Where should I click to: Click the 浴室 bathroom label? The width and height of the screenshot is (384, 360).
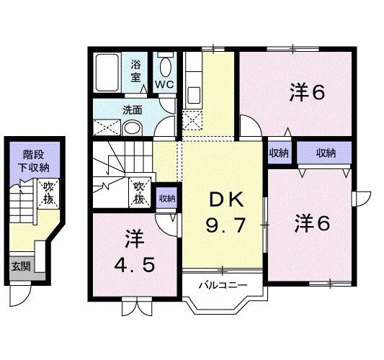pos(137,70)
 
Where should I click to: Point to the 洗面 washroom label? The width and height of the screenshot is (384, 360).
pos(132,110)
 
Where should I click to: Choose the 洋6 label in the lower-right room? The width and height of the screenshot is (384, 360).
pos(311,223)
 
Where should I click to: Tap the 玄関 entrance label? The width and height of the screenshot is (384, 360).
pos(20,266)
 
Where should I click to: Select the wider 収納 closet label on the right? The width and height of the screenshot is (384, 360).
pos(326,153)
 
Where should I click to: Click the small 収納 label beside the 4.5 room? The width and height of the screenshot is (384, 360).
pos(166,198)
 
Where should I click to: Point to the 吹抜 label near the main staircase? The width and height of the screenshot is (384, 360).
pos(140,191)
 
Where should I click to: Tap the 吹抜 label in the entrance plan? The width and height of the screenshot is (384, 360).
pos(48,192)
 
